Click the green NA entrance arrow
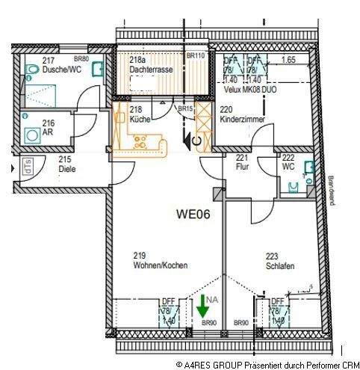(x=201, y=307)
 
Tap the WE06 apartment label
(x=193, y=213)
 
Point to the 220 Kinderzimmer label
(x=240, y=114)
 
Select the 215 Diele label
(x=67, y=164)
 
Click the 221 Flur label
(x=242, y=162)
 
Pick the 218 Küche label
(x=140, y=114)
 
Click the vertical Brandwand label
(x=330, y=189)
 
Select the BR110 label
(x=196, y=56)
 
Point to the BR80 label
(x=81, y=59)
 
